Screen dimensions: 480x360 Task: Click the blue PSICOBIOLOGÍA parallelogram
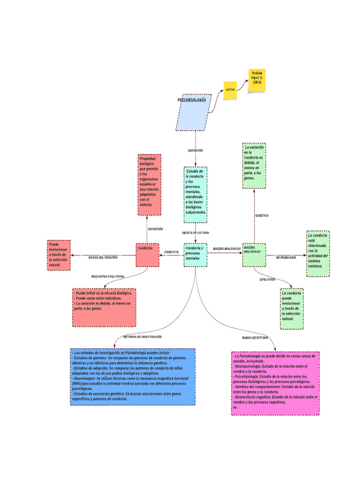[194, 112]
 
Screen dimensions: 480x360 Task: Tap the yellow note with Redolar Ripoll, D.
[256, 80]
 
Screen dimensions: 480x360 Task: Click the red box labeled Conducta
[147, 255]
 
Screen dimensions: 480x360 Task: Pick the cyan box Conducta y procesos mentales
[195, 255]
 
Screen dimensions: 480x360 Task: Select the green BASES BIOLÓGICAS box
[254, 255]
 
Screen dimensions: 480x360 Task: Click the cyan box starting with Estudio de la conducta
[195, 195]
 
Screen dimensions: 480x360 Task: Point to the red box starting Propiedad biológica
[149, 185]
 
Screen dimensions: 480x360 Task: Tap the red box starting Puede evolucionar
[59, 255]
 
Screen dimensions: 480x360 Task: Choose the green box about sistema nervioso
[318, 253]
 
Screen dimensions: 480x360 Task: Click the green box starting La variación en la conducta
[254, 166]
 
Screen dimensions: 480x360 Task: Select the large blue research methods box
[132, 376]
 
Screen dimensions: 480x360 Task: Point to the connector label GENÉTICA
[262, 216]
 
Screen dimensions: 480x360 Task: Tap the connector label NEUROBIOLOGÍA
[286, 258]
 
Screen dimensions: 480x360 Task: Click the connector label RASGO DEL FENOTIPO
[103, 257]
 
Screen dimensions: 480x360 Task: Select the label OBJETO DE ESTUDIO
[195, 232]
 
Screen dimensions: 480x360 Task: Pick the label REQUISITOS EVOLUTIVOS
[108, 277]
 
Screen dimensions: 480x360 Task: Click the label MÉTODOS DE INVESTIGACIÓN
[143, 337]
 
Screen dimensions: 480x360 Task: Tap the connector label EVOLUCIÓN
[267, 279]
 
